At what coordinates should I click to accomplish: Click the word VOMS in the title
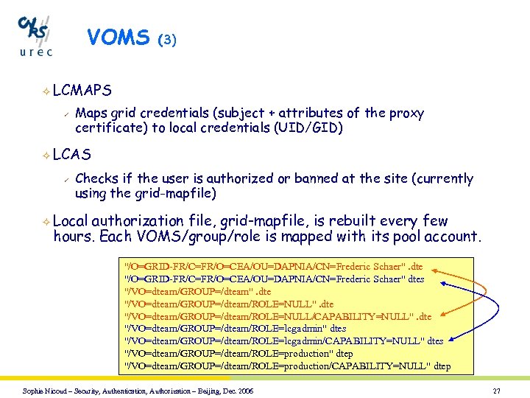coord(118,38)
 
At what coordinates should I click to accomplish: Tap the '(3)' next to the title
coord(167,40)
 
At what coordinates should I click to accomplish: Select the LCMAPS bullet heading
coord(82,90)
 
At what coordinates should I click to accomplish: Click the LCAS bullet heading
coord(72,155)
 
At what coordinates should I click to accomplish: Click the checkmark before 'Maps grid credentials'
coord(66,114)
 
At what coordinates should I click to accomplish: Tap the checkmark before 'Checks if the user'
coord(66,178)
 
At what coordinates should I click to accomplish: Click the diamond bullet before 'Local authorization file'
coord(45,221)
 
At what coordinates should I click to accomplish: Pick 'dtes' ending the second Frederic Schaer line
coord(417,279)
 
